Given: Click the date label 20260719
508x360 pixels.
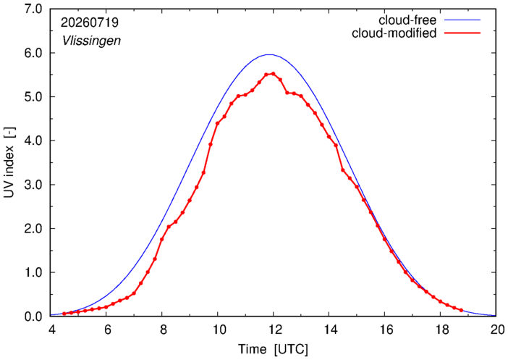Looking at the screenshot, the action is tap(90, 22).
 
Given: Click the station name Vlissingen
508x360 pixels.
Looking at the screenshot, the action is tap(91, 41).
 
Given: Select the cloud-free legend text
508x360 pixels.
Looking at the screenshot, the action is tap(407, 20).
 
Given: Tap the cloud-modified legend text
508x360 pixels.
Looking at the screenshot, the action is tap(394, 33).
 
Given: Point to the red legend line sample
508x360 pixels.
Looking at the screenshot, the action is tap(462, 33).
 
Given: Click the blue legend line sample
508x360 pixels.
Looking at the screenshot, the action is tap(462, 20).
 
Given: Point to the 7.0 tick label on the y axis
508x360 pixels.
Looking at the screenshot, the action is tap(33, 9).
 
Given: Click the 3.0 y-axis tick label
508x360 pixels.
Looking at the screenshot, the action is tap(33, 185).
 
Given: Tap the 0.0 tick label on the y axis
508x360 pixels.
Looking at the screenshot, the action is tap(33, 317).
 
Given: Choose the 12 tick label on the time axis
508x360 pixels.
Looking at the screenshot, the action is tap(273, 330).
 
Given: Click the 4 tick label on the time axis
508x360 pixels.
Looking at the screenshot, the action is tap(51, 330).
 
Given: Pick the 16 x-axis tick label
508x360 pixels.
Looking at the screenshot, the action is tap(384, 330).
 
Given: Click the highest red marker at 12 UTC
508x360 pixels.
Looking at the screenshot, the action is tap(273, 74).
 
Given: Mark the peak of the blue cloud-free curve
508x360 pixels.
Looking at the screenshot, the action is tap(269, 54).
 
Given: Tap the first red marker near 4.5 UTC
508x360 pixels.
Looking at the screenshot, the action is tap(64, 314).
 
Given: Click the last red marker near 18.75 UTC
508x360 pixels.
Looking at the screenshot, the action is tap(461, 310).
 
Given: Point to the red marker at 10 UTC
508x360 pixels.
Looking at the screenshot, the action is tap(217, 123).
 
